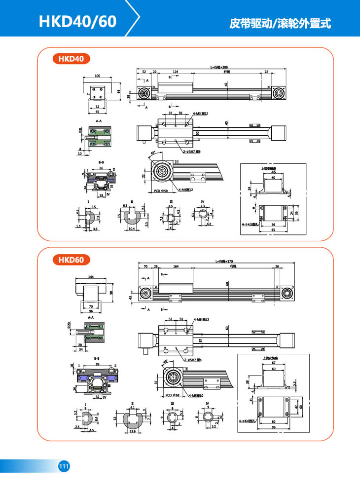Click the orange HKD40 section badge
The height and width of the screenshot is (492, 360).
click(x=71, y=59)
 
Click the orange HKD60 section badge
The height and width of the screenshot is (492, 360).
click(x=71, y=259)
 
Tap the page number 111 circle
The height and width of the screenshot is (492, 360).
click(x=64, y=466)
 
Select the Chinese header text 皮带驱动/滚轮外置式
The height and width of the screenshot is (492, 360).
click(x=280, y=23)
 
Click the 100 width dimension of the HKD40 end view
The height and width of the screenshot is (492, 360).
click(x=97, y=76)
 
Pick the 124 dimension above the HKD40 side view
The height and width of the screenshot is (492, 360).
click(x=175, y=72)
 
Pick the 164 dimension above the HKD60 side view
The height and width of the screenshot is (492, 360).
click(x=176, y=266)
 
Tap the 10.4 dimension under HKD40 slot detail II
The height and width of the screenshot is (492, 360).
click(x=131, y=229)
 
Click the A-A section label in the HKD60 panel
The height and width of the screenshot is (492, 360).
click(x=90, y=318)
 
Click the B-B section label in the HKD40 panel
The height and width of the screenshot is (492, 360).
click(x=101, y=162)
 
